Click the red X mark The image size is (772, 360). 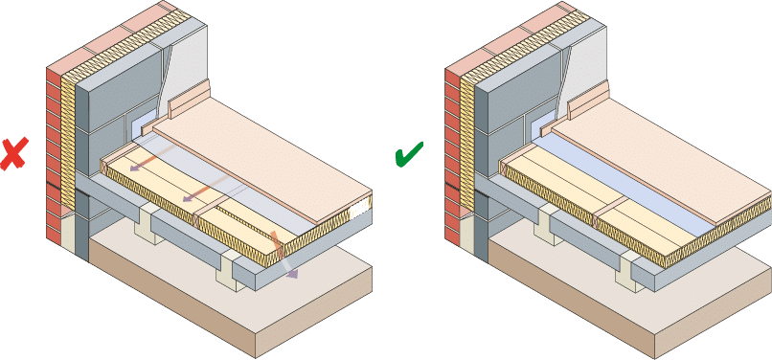12,154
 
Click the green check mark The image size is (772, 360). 409,156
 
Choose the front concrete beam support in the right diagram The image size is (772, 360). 627,272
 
